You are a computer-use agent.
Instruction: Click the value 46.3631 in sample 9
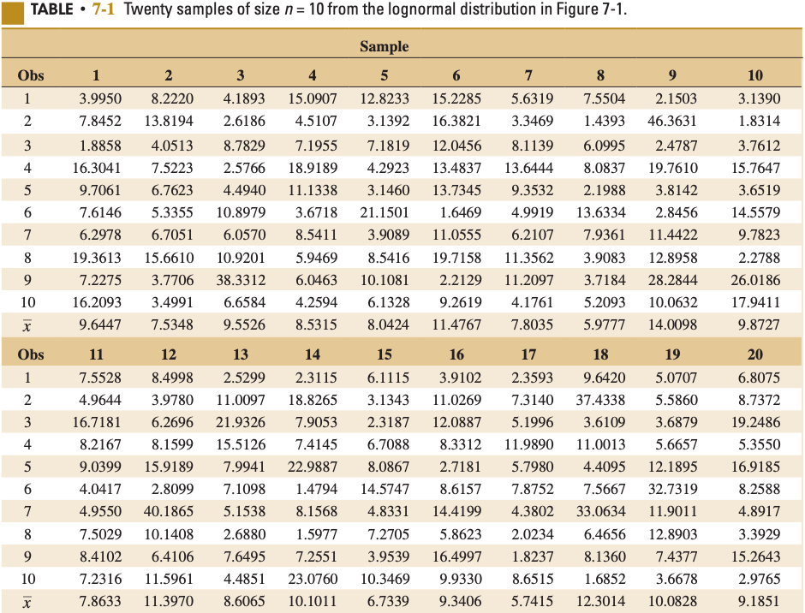click(x=672, y=121)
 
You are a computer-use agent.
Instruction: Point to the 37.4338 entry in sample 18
click(x=600, y=400)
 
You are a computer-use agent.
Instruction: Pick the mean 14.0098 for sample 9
click(x=672, y=325)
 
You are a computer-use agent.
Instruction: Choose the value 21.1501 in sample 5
click(x=385, y=211)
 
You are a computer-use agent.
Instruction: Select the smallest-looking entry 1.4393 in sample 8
click(x=604, y=121)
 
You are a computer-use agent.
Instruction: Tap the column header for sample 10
click(x=754, y=75)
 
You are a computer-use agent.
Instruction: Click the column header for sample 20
click(x=754, y=354)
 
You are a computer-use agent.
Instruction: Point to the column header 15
click(x=385, y=354)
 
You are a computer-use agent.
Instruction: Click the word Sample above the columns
click(x=384, y=46)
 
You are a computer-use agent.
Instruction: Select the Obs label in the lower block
click(x=31, y=354)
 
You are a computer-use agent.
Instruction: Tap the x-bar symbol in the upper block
click(x=27, y=326)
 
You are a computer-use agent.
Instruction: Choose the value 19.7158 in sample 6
click(x=456, y=257)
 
